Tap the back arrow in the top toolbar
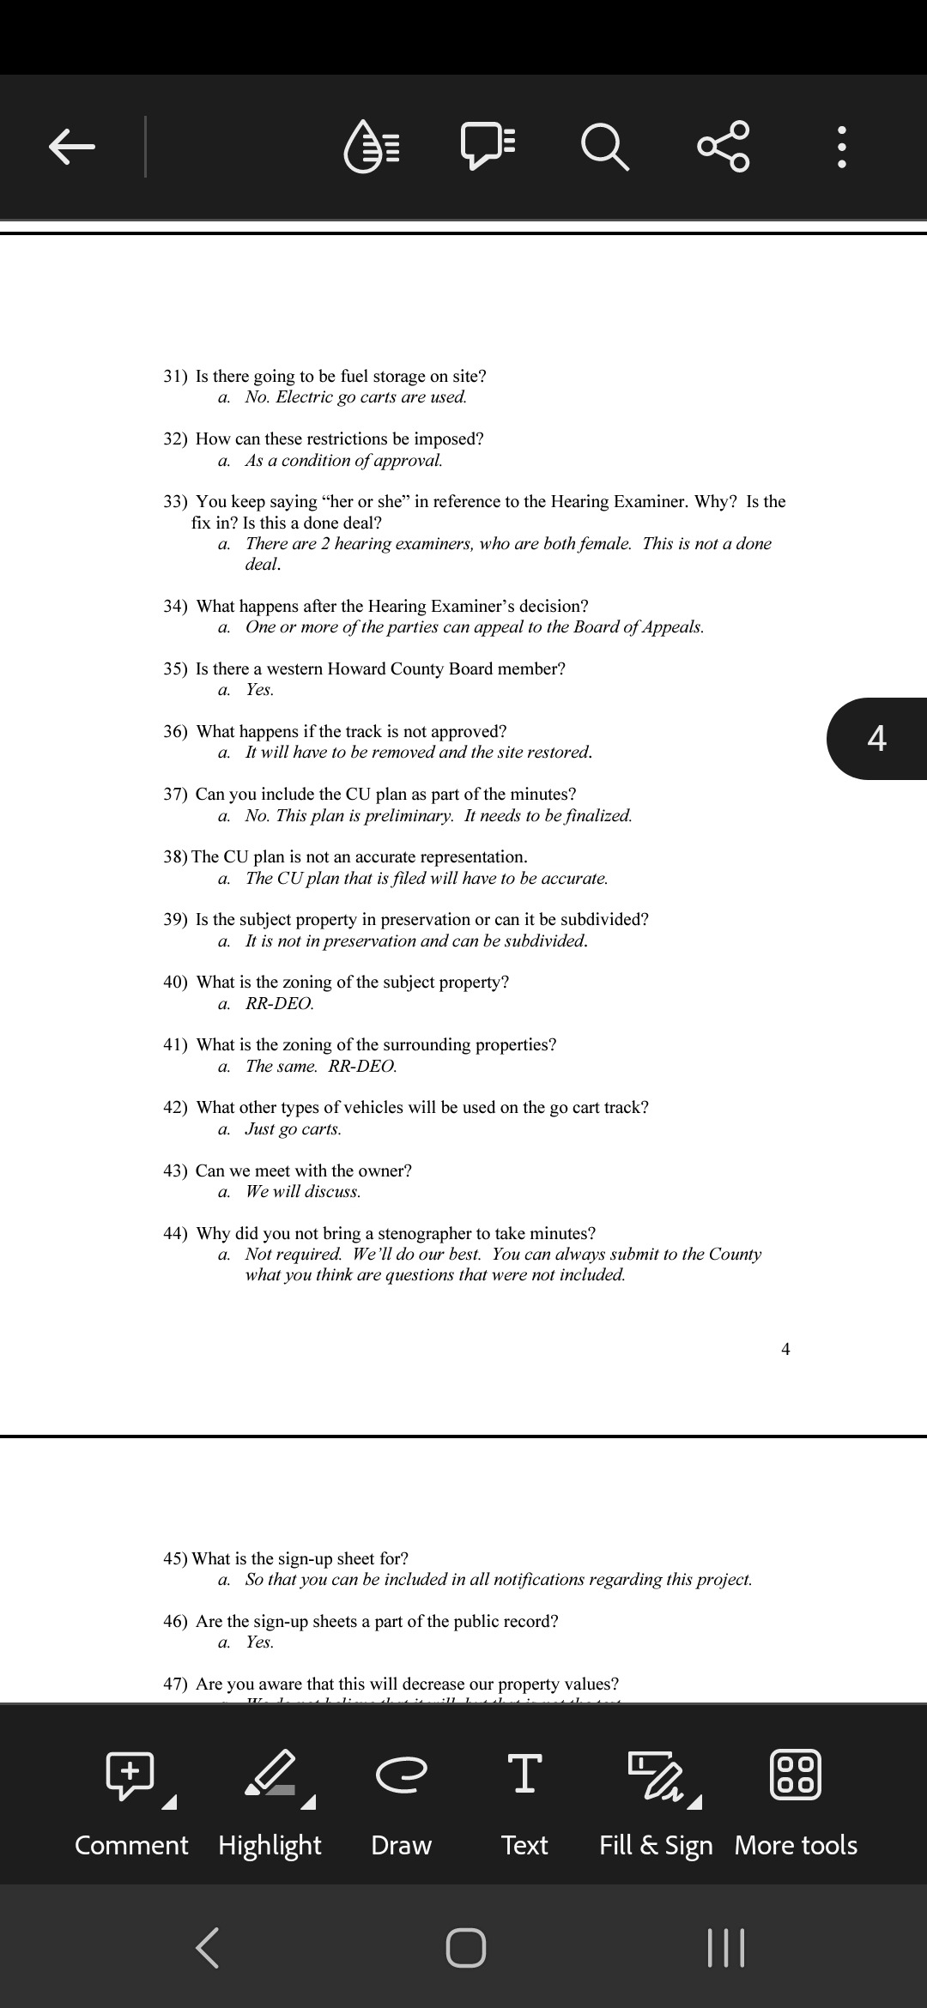coord(71,146)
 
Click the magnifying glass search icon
coord(605,146)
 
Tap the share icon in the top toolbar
coord(724,146)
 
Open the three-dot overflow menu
coord(842,148)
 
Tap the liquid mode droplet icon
coord(372,146)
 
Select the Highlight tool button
coord(270,1797)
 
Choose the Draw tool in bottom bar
coord(401,1797)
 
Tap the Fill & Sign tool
coord(656,1797)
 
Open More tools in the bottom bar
coord(796,1797)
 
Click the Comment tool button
coord(131,1797)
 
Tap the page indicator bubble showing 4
coord(876,738)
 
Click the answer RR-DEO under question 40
coord(279,1003)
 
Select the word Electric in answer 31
coord(304,396)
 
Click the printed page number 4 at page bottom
coord(785,1349)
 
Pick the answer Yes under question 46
coord(259,1642)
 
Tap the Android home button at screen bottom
coord(466,1947)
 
